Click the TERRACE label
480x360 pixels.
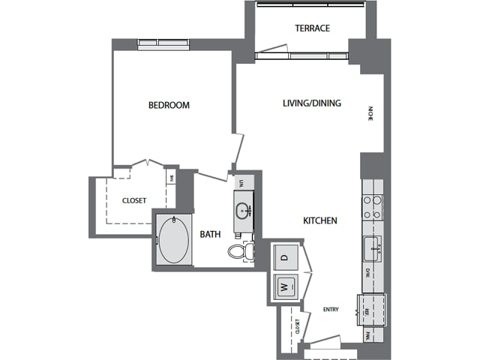pos(312,28)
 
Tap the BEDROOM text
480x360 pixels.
pos(169,106)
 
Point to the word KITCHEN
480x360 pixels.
pos(319,221)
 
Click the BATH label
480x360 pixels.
pos(210,235)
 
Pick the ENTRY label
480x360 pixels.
pos(331,309)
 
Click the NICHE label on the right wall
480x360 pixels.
pos(370,114)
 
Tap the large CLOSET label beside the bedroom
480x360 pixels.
pos(134,200)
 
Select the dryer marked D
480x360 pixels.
pos(284,257)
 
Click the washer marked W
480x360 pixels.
pos(284,286)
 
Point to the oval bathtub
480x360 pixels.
pos(174,241)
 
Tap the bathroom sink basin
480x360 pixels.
pos(243,208)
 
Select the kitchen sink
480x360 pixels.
pos(372,246)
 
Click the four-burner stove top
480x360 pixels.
pos(372,206)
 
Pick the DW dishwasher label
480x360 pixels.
pos(367,274)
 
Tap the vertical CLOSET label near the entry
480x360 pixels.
pos(298,327)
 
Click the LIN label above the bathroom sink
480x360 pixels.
pos(241,183)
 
